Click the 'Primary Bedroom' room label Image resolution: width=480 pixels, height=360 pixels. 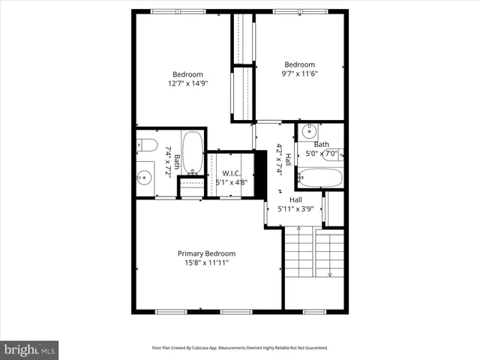pyautogui.click(x=206, y=253)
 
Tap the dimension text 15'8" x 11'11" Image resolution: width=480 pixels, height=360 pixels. pyautogui.click(x=206, y=263)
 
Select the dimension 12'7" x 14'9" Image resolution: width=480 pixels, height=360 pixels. pyautogui.click(x=187, y=83)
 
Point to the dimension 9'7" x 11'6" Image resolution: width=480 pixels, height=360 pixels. pyautogui.click(x=299, y=73)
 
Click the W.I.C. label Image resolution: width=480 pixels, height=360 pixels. pyautogui.click(x=231, y=173)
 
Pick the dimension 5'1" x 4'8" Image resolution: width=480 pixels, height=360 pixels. pyautogui.click(x=231, y=181)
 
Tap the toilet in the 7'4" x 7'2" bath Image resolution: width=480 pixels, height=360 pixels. pyautogui.click(x=146, y=144)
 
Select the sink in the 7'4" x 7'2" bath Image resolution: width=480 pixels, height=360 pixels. pyautogui.click(x=145, y=178)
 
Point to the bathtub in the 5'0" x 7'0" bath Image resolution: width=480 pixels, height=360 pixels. pyautogui.click(x=320, y=178)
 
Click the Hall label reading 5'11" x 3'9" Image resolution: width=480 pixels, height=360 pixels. pyautogui.click(x=295, y=200)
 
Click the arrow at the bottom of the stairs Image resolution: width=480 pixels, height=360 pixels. pyautogui.click(x=330, y=274)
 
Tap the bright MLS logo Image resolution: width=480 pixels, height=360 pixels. pyautogui.click(x=30, y=349)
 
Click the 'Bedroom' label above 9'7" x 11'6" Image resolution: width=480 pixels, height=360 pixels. pyautogui.click(x=299, y=64)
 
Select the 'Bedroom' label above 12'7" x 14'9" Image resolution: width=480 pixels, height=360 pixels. pyautogui.click(x=187, y=74)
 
